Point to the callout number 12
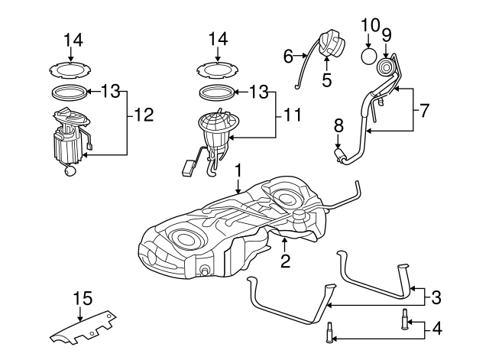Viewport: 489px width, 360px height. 144,115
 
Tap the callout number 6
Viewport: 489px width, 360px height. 288,55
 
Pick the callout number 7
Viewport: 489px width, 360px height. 426,109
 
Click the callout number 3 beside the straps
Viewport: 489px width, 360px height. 436,297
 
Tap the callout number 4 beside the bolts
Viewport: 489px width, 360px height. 436,329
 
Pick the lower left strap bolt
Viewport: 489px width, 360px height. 329,333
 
